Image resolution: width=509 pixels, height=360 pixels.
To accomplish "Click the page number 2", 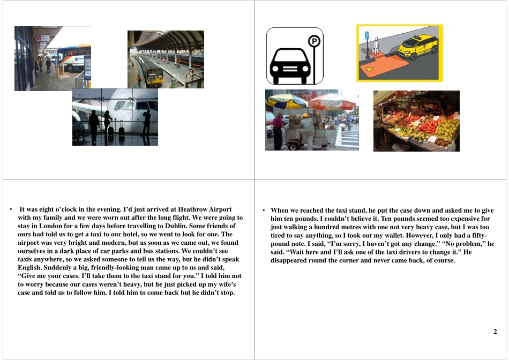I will (495, 332).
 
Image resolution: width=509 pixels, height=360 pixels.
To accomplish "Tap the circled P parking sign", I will (314, 41).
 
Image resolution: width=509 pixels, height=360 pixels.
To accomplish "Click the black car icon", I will (290, 65).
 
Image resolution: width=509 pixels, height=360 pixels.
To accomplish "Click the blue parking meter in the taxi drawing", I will (367, 37).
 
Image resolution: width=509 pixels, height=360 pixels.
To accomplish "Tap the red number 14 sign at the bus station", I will (38, 38).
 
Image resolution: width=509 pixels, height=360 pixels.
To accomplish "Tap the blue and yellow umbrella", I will (287, 100).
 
